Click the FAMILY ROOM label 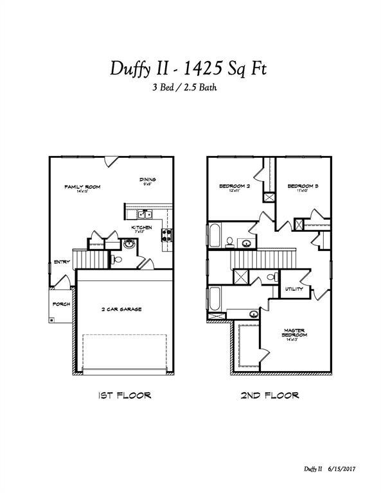coord(82,187)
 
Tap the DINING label coord(148,180)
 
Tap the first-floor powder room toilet coord(116,259)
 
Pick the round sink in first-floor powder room coord(129,244)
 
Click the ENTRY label coord(62,261)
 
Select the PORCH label coord(61,304)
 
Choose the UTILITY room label coord(294,290)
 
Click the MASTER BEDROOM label coord(295,333)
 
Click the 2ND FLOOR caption coord(270,395)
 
